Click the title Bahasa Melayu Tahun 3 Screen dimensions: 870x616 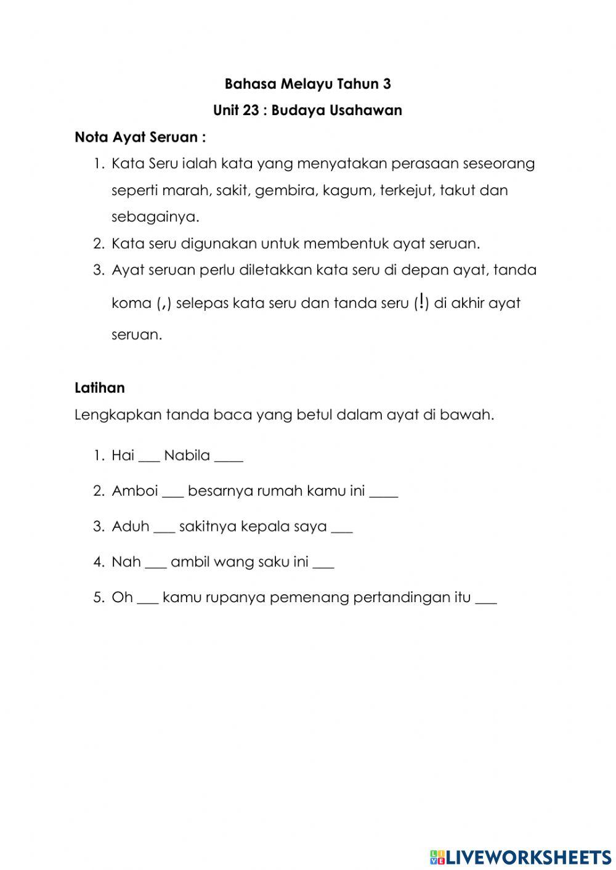(x=307, y=84)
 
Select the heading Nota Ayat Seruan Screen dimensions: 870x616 (x=140, y=137)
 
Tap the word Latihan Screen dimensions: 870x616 (x=99, y=388)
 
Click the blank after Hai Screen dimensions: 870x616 (x=149, y=457)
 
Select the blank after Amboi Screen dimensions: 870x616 (x=173, y=493)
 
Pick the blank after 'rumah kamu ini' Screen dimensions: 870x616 (x=384, y=493)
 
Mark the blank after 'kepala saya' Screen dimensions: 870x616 (x=342, y=528)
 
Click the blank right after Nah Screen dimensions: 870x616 (x=156, y=563)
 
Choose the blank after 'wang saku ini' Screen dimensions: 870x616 (x=323, y=563)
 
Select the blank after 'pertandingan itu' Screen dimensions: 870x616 (x=486, y=598)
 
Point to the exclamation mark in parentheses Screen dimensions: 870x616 (x=421, y=302)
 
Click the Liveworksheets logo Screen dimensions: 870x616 (x=520, y=856)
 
